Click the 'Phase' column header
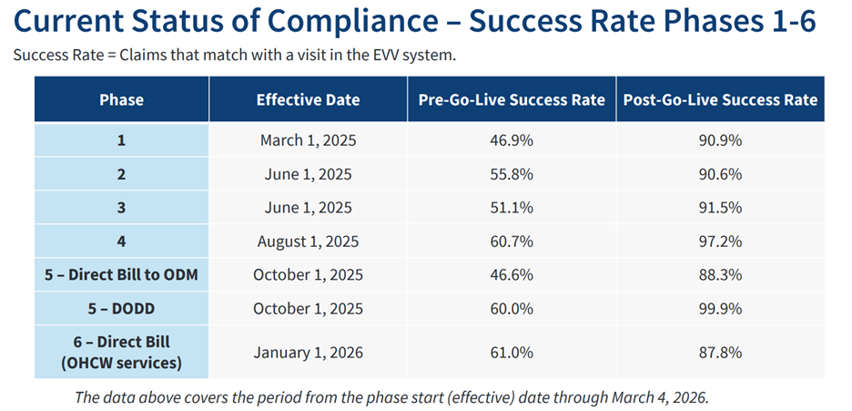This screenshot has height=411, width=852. [x=122, y=99]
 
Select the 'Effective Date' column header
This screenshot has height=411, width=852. [x=308, y=99]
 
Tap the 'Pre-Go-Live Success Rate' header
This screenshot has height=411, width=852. [x=512, y=99]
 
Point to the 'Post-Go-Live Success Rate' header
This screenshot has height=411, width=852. [x=720, y=99]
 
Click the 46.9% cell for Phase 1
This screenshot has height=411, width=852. [x=512, y=140]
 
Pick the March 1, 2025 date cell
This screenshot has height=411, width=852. [x=308, y=140]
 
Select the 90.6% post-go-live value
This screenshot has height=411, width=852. [x=720, y=174]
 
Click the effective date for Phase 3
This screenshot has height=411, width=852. [x=308, y=208]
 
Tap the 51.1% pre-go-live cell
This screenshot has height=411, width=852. [x=512, y=208]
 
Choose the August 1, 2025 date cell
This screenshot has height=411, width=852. [x=308, y=241]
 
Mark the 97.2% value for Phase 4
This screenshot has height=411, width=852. [x=720, y=241]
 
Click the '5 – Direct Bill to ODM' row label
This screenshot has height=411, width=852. [x=122, y=275]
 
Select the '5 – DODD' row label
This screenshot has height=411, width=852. [x=122, y=309]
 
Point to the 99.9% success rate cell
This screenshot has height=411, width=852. [x=720, y=309]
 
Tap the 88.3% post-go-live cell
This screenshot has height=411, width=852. [x=720, y=275]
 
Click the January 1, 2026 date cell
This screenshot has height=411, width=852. [x=308, y=352]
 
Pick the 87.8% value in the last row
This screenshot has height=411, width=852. [x=720, y=352]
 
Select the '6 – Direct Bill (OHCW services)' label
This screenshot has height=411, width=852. [x=122, y=352]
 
